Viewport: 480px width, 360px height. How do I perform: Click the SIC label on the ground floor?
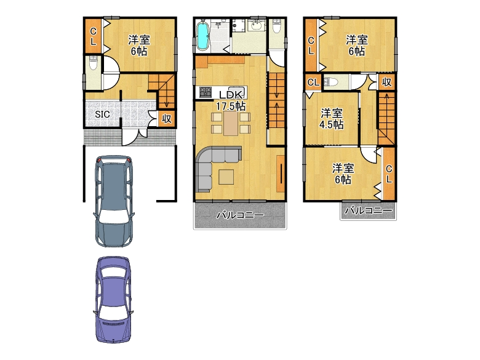point(102,114)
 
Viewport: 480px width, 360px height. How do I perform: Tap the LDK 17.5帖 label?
point(231,100)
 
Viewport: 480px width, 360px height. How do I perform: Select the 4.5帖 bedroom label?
point(332,119)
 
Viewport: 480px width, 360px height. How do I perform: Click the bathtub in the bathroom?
point(202,36)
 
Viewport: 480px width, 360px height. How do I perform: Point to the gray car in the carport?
point(114,201)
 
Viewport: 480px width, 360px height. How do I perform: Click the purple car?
point(113,300)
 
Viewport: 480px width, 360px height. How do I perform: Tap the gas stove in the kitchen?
point(206,92)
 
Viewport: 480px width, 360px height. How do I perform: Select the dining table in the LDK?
point(231,123)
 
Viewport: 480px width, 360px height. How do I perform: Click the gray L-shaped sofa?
point(214,166)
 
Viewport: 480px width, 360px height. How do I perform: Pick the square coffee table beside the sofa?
point(226,177)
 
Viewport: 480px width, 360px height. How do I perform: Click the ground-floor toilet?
point(93,63)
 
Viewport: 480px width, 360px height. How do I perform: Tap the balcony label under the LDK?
point(240,215)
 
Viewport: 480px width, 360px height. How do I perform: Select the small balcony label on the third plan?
point(369,210)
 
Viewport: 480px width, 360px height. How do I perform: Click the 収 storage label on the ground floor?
point(167,119)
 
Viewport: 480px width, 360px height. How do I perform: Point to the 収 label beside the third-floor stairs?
point(386,82)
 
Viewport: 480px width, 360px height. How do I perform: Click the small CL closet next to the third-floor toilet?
point(313,82)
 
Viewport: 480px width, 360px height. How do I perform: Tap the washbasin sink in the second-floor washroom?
point(257,26)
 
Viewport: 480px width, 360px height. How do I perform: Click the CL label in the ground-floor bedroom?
point(93,36)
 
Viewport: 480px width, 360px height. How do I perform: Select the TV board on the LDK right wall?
point(281,174)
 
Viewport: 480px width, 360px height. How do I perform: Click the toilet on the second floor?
point(277,26)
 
